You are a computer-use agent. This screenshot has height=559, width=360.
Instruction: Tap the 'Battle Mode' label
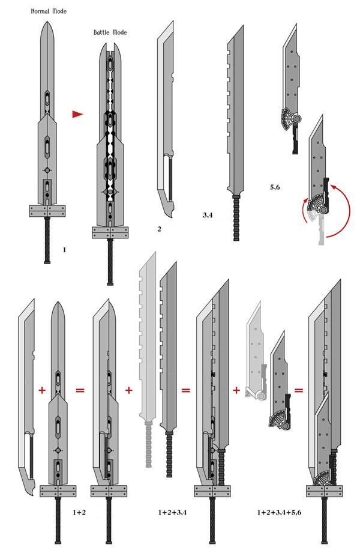110,32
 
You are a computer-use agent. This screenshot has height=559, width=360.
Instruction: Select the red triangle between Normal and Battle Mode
76,113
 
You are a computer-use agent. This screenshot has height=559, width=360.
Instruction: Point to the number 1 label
64,247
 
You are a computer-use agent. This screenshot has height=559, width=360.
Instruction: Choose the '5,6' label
275,187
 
